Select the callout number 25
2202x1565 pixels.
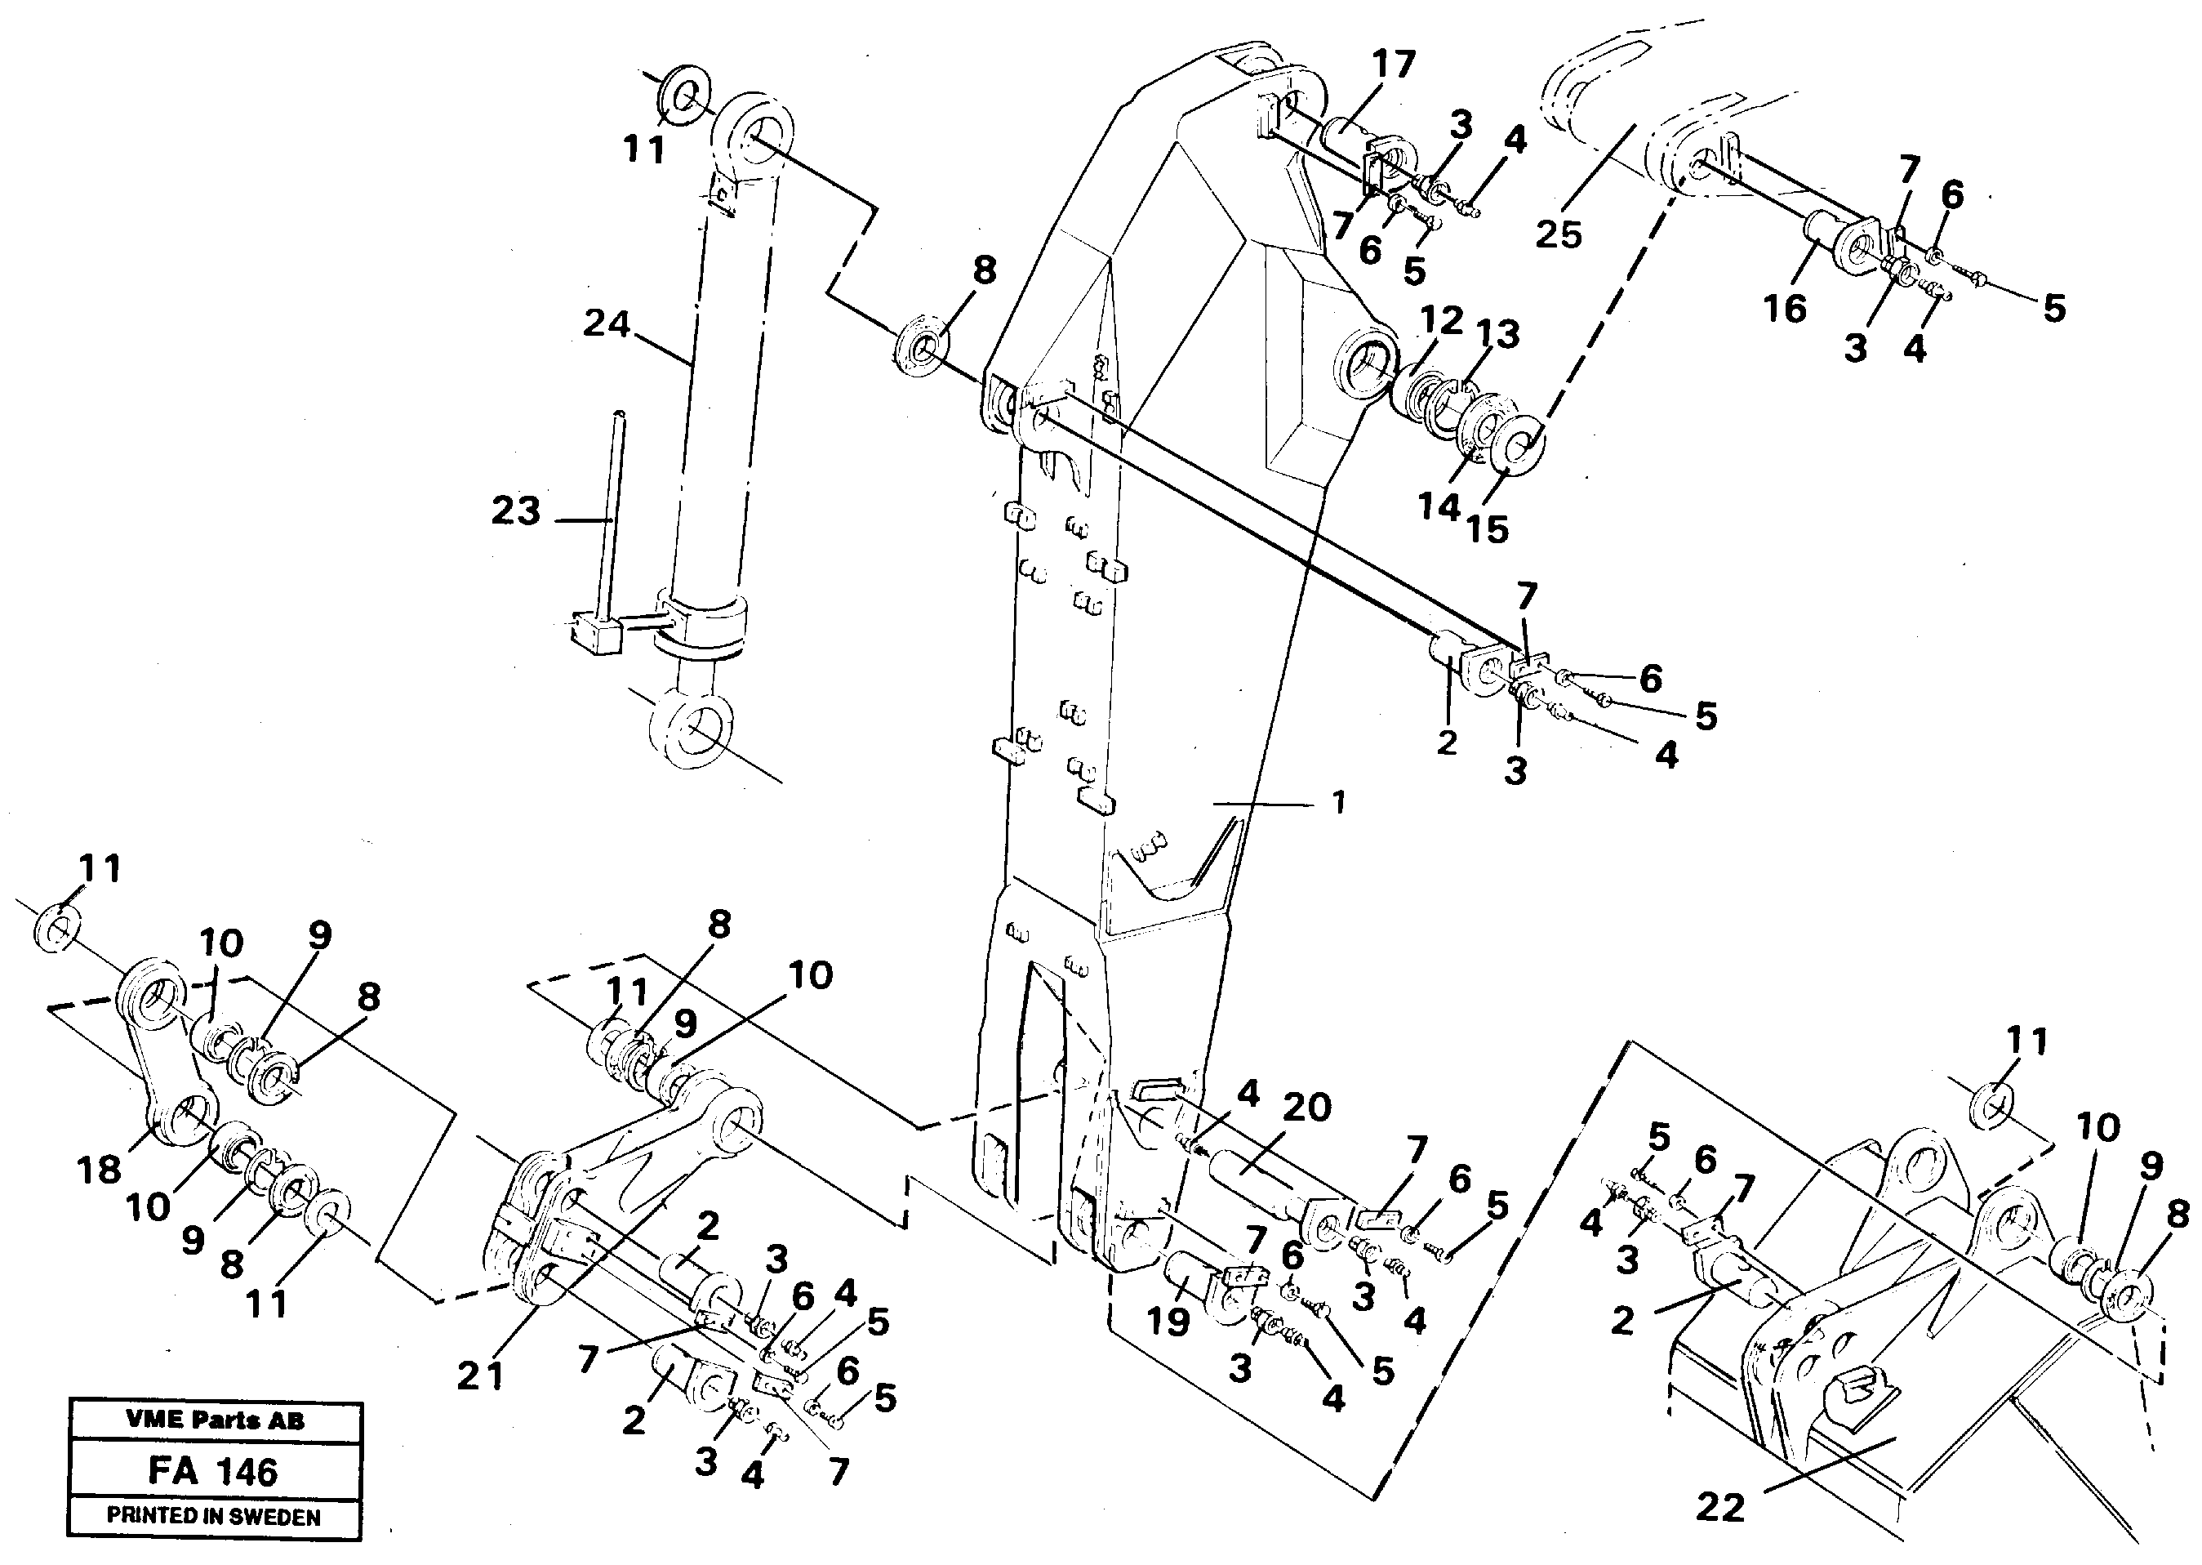(1559, 234)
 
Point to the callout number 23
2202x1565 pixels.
(515, 510)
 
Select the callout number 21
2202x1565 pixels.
(481, 1376)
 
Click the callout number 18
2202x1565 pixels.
(100, 1170)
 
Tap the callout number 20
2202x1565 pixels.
(1306, 1108)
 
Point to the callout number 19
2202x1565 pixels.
(1168, 1322)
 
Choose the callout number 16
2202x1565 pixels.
(1784, 309)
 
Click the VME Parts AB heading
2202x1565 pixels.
(214, 1420)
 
